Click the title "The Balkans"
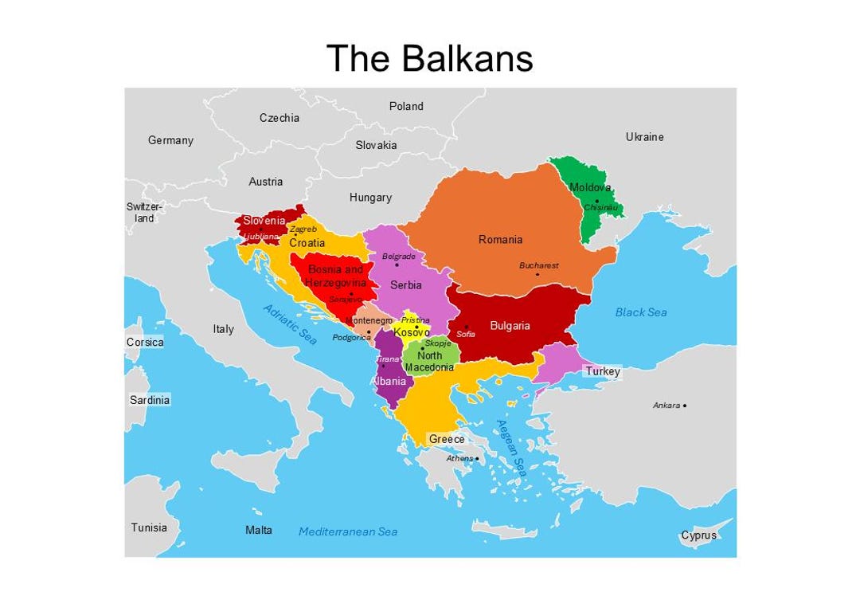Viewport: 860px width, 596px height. coord(429,58)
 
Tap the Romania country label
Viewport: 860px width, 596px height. coord(500,239)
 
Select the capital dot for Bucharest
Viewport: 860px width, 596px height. coord(537,275)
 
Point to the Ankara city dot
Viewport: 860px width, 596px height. coord(685,406)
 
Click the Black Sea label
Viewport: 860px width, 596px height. coord(641,312)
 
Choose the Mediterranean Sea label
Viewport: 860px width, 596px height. coord(348,531)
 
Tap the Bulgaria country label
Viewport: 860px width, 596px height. coord(510,326)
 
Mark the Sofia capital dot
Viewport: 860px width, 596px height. coord(467,327)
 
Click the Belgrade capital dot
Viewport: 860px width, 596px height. coord(397,265)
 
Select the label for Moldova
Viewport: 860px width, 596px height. coord(590,187)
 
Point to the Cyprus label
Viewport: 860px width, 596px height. coord(698,535)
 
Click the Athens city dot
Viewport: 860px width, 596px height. coord(477,458)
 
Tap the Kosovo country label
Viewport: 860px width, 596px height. coord(412,332)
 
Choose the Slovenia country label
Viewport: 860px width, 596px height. coord(264,221)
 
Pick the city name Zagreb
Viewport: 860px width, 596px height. coord(303,229)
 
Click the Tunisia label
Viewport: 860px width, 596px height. coord(149,527)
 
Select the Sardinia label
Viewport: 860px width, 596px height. coord(150,400)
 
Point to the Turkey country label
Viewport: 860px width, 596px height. coord(602,371)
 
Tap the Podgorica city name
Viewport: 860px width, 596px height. coord(351,337)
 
